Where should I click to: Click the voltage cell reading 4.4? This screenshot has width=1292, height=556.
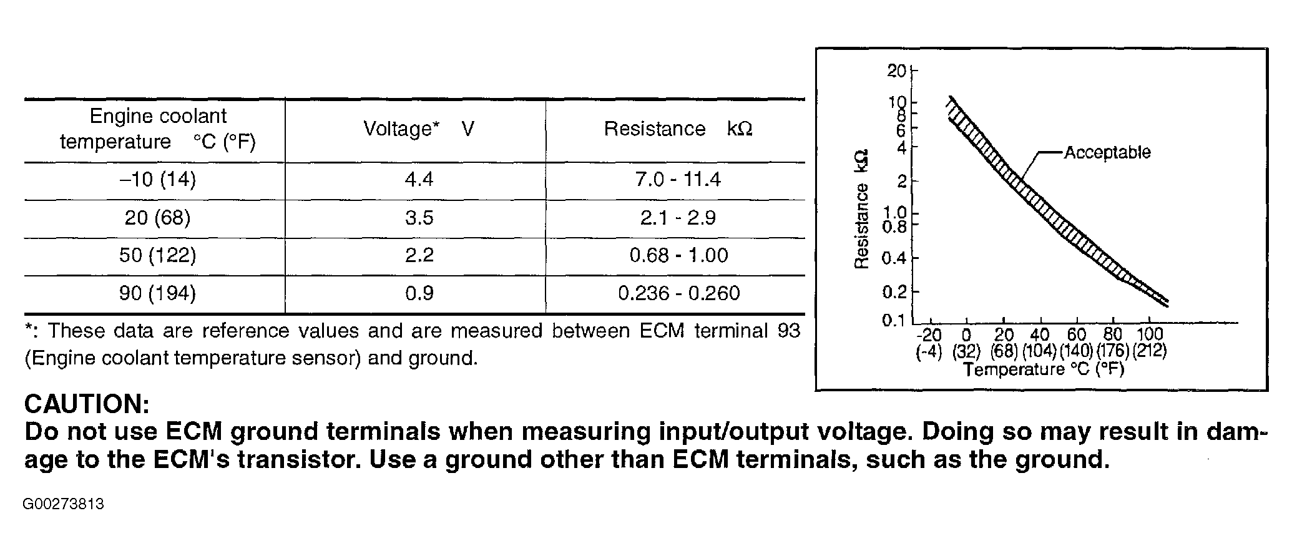419,180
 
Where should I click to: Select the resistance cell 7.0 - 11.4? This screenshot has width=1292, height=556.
678,180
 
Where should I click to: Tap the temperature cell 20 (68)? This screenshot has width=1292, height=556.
157,218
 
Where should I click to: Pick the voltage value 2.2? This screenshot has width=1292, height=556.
419,255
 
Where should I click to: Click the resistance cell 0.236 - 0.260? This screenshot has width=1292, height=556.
678,293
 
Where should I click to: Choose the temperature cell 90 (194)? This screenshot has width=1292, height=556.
157,293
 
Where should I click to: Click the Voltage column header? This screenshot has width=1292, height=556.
419,129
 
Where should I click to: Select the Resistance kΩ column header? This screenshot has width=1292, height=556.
678,129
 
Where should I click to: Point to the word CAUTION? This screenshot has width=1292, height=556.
87,404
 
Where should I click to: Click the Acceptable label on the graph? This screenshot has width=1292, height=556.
1107,152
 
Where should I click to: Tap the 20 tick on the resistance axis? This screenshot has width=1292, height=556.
896,71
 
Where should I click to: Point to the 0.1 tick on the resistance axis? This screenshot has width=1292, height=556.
894,320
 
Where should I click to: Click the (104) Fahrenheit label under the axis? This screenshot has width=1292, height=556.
1039,351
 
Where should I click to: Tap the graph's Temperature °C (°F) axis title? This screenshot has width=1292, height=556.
1043,370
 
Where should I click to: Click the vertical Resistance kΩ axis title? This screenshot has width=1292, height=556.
862,210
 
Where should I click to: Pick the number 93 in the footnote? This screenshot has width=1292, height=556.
788,331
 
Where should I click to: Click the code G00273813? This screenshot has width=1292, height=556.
64,504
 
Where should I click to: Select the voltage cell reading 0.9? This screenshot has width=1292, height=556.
419,293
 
